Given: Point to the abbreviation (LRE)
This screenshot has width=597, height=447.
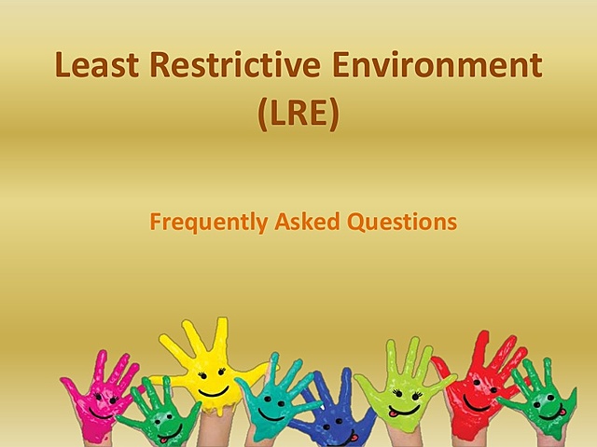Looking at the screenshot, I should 298,115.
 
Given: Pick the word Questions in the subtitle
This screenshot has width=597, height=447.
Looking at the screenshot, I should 403,223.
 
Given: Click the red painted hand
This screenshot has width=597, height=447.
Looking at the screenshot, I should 480,386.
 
